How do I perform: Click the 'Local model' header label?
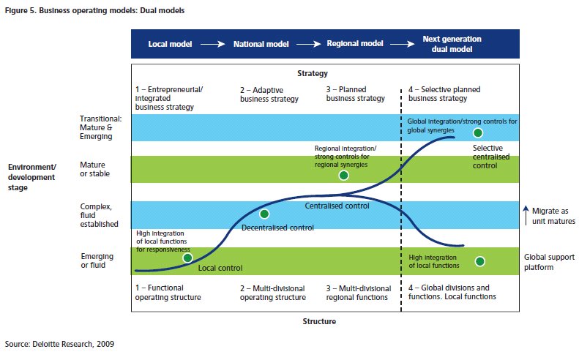(170, 44)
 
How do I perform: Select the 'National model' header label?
(261, 44)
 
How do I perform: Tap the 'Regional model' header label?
(355, 44)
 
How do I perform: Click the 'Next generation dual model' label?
(452, 44)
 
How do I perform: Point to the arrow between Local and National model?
(213, 45)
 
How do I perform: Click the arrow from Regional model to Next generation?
(403, 45)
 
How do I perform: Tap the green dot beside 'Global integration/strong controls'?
(478, 133)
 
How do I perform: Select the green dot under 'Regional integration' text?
(344, 176)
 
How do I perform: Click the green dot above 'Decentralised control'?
(264, 214)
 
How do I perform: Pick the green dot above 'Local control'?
(187, 258)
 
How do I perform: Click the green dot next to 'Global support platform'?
(480, 261)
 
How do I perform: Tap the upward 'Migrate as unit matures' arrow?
(526, 216)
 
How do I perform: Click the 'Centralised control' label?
(337, 206)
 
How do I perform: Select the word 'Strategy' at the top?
(313, 73)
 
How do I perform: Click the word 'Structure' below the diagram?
(319, 321)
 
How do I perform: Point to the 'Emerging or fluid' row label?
(97, 260)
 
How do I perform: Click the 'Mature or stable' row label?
(95, 169)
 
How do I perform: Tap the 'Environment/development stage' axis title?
(32, 177)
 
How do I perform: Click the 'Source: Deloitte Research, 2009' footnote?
(59, 344)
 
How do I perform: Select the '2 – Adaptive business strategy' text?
(269, 94)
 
